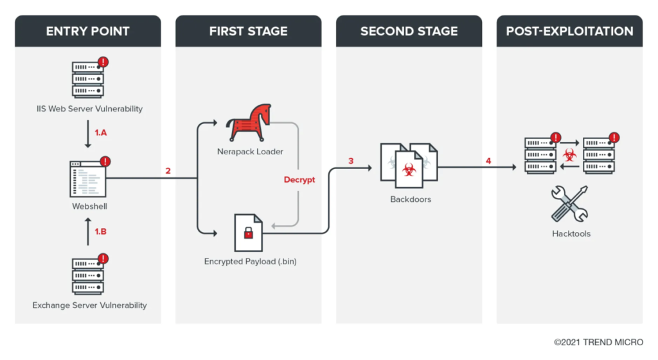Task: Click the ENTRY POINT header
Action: [x=88, y=31]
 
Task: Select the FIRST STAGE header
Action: [x=248, y=31]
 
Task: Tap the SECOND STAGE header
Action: [x=409, y=31]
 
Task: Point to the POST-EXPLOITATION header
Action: [x=569, y=31]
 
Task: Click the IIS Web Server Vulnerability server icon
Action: [x=89, y=78]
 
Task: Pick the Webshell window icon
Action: [x=89, y=179]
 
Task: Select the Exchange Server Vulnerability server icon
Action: [x=89, y=274]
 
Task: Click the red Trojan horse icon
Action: [x=248, y=124]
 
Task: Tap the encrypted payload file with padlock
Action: [x=248, y=232]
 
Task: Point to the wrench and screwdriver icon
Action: [x=570, y=204]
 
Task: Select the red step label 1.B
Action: [x=101, y=231]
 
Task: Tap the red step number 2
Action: [x=168, y=171]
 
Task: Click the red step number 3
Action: [x=351, y=161]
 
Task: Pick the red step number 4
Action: [x=488, y=161]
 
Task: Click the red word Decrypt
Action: [x=299, y=180]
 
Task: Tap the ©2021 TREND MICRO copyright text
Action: [x=598, y=342]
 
